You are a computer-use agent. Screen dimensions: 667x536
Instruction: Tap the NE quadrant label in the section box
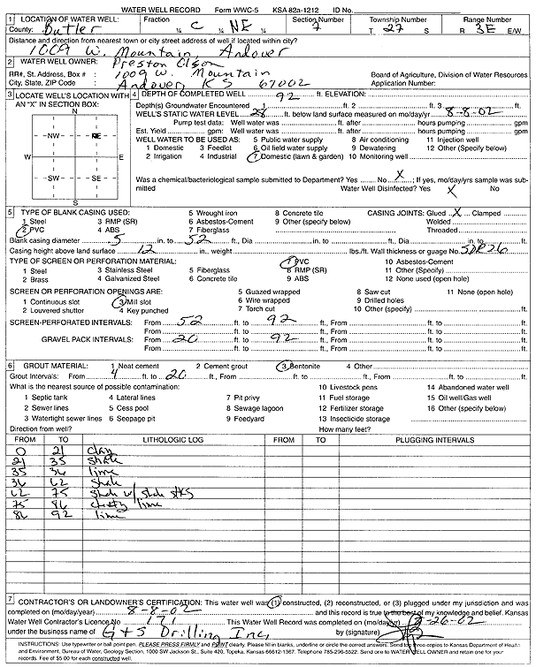(96, 136)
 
